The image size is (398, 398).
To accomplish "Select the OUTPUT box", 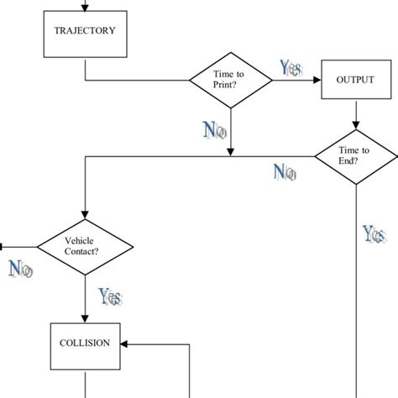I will pyautogui.click(x=354, y=80).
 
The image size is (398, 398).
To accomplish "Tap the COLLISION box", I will pyautogui.click(x=85, y=343).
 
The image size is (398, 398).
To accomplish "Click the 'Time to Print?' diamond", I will pyautogui.click(x=229, y=80).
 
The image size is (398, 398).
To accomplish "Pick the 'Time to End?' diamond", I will pyautogui.click(x=355, y=155).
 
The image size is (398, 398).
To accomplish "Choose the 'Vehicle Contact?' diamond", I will pyautogui.click(x=85, y=246).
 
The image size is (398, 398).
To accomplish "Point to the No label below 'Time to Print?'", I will pyautogui.click(x=215, y=129).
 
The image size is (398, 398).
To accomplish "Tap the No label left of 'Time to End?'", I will pyautogui.click(x=285, y=173).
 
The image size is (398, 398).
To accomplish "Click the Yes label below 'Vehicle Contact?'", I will pyautogui.click(x=110, y=296).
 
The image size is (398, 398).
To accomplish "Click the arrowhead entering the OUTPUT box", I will pyautogui.click(x=318, y=81).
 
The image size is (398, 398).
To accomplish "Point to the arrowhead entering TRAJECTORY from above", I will pyautogui.click(x=85, y=8).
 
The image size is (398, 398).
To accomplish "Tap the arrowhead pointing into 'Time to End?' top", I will pyautogui.click(x=356, y=123).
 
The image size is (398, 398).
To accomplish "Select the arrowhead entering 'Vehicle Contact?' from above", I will pyautogui.click(x=85, y=215).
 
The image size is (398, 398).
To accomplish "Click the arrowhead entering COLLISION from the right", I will pyautogui.click(x=123, y=343).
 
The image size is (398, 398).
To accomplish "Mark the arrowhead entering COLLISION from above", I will pyautogui.click(x=85, y=317).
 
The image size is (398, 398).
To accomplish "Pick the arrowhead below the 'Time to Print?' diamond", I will pyautogui.click(x=229, y=150).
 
